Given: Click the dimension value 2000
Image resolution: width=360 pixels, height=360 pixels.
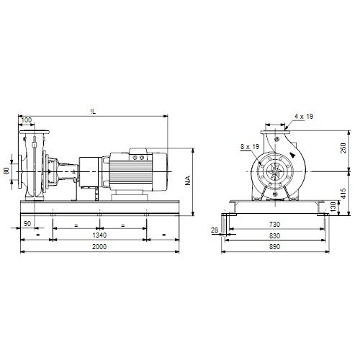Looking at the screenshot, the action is (99, 247).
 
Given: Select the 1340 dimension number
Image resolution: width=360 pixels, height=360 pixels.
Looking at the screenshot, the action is (99, 235).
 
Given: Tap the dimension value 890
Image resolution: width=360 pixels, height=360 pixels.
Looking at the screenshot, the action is (274, 247).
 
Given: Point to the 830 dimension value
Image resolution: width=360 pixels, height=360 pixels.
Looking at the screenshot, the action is (274, 236).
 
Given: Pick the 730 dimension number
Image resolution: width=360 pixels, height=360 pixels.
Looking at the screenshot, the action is (274, 225).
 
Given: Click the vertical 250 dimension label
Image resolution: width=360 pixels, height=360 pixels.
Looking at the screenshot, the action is (343, 148).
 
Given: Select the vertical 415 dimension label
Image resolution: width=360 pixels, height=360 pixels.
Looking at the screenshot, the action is (343, 194).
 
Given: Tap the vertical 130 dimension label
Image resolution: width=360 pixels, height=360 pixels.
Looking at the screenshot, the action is (333, 207).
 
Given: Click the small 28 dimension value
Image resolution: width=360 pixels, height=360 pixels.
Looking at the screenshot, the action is (215, 230).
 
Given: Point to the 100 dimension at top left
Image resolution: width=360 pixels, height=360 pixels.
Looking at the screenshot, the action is (27, 120).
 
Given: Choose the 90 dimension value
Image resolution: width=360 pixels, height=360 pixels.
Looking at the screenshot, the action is (27, 224).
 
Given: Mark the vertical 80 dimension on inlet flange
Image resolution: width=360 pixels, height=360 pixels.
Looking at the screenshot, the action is (6, 171).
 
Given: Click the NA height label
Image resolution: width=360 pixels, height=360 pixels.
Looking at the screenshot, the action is (188, 181).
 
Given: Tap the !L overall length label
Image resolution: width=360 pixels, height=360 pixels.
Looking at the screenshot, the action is (93, 112).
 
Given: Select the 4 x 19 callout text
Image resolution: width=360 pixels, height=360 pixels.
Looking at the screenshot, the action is (304, 117).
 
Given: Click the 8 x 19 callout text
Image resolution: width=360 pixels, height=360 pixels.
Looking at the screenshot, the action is (250, 146).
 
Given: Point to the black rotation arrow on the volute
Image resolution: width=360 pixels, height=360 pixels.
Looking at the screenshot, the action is (292, 155).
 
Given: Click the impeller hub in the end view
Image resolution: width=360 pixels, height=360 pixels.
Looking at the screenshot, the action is (275, 171).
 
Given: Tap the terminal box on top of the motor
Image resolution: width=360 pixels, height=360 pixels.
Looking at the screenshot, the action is (138, 154).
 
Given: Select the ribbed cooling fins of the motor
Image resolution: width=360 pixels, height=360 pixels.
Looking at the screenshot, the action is (131, 172).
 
